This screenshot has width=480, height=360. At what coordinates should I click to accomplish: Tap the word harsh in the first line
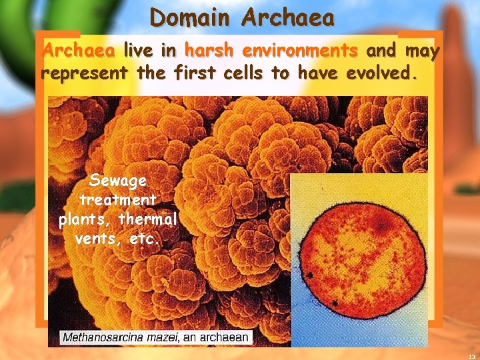click(x=209, y=51)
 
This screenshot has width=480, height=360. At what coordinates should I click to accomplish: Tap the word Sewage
click(x=118, y=181)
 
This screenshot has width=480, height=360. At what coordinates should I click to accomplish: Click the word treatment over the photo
click(x=118, y=199)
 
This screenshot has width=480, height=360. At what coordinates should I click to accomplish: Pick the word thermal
click(x=148, y=219)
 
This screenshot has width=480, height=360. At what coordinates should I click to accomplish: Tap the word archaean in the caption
click(x=223, y=337)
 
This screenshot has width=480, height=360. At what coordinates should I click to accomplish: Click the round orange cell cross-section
click(x=361, y=254)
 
